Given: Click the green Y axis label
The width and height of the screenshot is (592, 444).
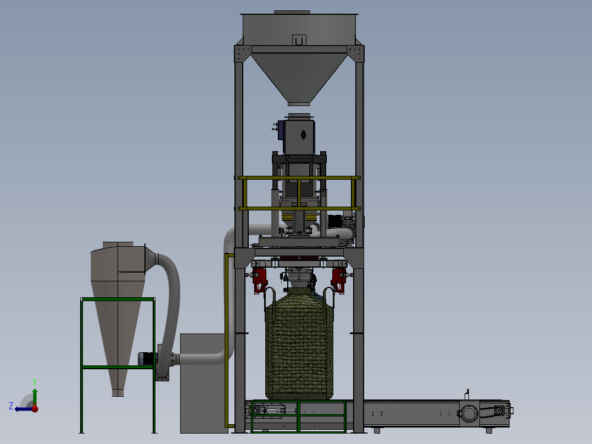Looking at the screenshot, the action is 35,382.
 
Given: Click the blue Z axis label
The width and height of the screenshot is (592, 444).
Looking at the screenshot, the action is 11,406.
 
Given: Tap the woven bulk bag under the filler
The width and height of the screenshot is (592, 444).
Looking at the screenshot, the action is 299,344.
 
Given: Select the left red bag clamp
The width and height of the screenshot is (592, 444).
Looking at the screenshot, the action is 260,280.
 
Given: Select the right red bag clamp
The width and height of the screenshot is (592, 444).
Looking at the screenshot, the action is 338,280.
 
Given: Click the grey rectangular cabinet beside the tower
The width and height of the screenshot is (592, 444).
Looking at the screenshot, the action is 203,383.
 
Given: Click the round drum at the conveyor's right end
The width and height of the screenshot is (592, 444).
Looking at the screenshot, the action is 468,413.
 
